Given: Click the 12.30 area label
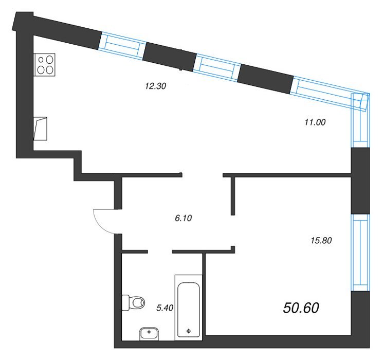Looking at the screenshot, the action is (x=156, y=86).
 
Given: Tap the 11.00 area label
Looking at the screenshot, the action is (x=315, y=122).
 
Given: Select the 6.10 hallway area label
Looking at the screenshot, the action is (x=184, y=218).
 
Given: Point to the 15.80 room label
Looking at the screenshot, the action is (x=321, y=240).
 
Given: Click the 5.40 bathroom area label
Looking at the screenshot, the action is (x=165, y=308).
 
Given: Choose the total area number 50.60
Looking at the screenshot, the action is (x=301, y=308).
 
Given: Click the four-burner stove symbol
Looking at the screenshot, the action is (x=44, y=64).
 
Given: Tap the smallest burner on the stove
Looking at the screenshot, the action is (x=41, y=60).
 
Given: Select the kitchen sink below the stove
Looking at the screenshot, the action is (x=40, y=129).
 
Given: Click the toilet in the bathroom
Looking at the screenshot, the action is (x=133, y=302).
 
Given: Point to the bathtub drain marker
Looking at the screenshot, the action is (x=188, y=331).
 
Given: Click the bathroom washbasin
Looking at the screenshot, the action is (x=149, y=334).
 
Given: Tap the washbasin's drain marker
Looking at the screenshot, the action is (x=149, y=332).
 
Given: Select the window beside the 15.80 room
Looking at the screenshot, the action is (x=360, y=253).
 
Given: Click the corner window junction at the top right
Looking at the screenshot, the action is (x=361, y=102).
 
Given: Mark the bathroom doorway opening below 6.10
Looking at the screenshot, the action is (x=160, y=251).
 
